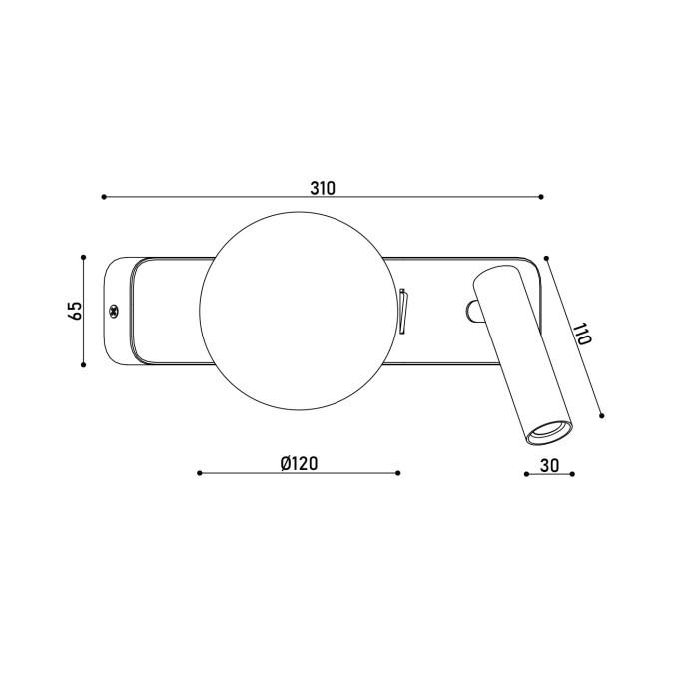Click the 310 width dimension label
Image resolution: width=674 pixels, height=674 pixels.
(x=323, y=188)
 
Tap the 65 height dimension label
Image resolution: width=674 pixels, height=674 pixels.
(x=74, y=310)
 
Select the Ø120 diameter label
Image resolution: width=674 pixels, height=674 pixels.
(x=299, y=463)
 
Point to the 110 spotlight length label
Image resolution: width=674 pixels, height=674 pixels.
(x=582, y=334)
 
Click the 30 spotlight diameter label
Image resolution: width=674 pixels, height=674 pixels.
(x=550, y=465)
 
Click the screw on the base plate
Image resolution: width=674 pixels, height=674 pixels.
(x=114, y=311)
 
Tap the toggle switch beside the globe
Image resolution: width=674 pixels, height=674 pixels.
(x=403, y=311)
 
